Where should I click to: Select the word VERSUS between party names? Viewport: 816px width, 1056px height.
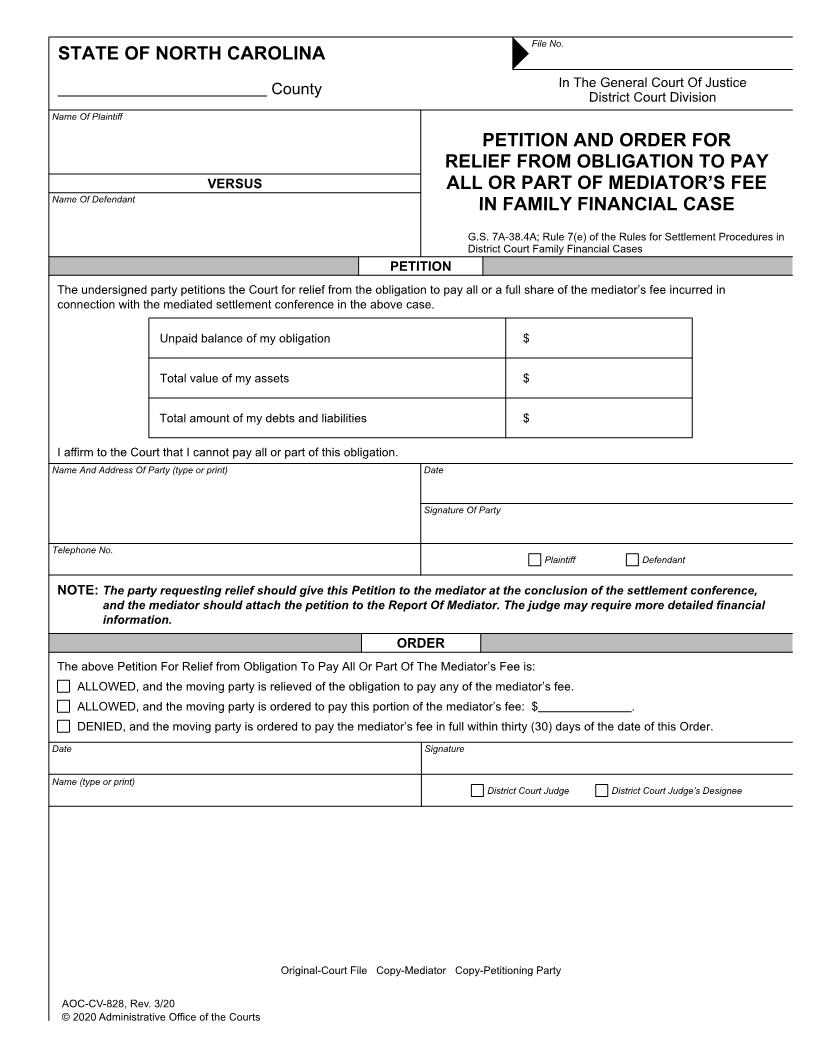pyautogui.click(x=234, y=183)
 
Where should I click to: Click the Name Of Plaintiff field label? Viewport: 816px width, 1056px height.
pyautogui.click(x=87, y=117)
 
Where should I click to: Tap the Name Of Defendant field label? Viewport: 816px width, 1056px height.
pyautogui.click(x=92, y=199)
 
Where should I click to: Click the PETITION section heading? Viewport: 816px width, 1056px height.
pyautogui.click(x=420, y=266)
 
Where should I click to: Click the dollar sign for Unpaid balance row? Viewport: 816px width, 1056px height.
pyautogui.click(x=526, y=338)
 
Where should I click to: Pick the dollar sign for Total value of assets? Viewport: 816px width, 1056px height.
pyautogui.click(x=526, y=378)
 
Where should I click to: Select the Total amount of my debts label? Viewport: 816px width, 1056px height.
pyautogui.click(x=263, y=418)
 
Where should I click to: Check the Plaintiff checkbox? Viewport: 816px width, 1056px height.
pyautogui.click(x=534, y=560)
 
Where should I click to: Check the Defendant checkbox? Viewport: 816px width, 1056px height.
pyautogui.click(x=632, y=560)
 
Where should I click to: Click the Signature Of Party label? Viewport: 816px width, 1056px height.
pyautogui.click(x=462, y=510)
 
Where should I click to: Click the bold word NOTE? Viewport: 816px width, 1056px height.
pyautogui.click(x=77, y=590)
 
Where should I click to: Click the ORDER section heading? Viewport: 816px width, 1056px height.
pyautogui.click(x=420, y=643)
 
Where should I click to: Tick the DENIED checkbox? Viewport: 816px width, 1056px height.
pyautogui.click(x=64, y=726)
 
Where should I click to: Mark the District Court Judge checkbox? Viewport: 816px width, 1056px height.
pyautogui.click(x=477, y=791)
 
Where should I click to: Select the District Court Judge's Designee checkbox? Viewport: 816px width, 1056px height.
pyautogui.click(x=601, y=791)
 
